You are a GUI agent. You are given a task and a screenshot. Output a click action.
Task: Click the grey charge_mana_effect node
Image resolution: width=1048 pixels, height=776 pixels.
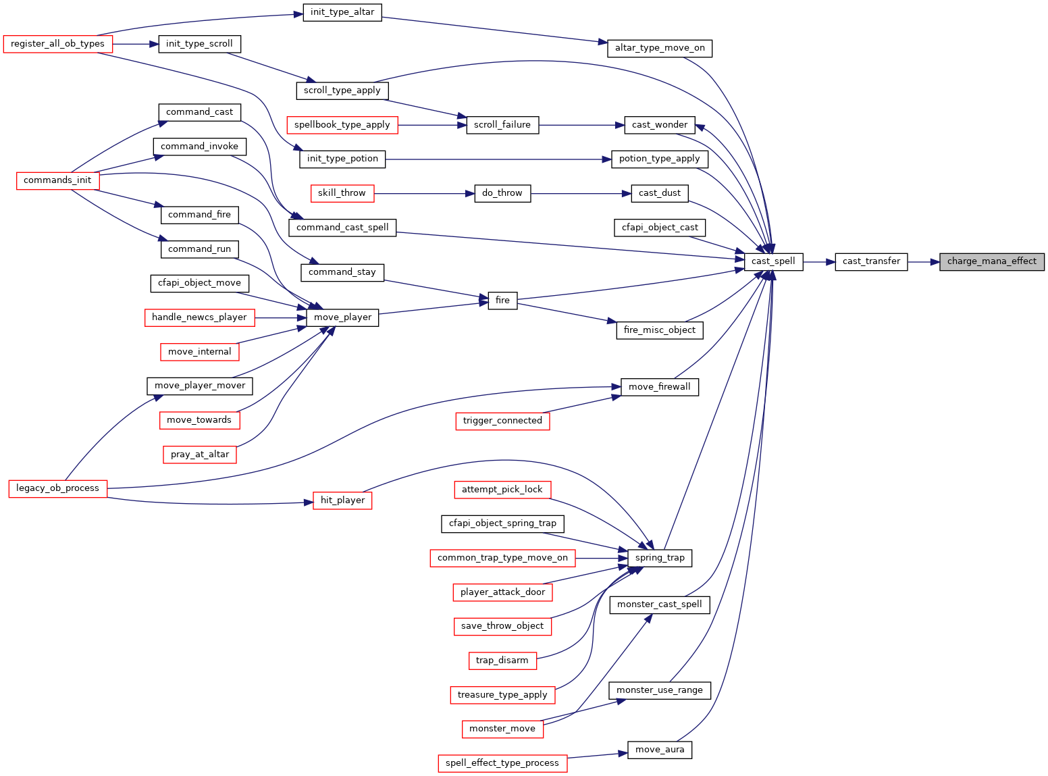[991, 262]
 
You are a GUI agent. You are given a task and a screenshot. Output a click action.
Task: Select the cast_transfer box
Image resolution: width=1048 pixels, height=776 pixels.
[871, 262]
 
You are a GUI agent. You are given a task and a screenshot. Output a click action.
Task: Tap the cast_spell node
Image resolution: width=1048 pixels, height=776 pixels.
[773, 262]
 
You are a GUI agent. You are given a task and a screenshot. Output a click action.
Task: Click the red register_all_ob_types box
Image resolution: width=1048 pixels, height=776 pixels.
[57, 44]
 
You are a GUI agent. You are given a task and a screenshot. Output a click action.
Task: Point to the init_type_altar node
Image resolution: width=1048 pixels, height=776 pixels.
[342, 12]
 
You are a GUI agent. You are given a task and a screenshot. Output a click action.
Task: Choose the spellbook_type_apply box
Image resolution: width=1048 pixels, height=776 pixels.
[342, 125]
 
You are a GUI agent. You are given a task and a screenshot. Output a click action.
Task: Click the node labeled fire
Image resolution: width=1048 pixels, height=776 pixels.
[502, 301]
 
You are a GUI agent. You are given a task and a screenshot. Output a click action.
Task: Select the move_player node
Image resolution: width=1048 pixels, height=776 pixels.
[342, 317]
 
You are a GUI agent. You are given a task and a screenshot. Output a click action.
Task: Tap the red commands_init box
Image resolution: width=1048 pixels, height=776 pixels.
[57, 180]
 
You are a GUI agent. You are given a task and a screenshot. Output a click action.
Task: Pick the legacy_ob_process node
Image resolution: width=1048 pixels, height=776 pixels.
[57, 489]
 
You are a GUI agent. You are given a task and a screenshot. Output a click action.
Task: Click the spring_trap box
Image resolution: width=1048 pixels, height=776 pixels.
[660, 558]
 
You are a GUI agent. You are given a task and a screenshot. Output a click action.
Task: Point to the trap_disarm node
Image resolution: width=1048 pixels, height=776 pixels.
[502, 661]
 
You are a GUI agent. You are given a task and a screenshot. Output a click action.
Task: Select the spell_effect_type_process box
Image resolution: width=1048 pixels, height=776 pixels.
[502, 763]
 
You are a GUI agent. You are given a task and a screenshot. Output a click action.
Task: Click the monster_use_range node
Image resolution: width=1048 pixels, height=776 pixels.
[660, 690]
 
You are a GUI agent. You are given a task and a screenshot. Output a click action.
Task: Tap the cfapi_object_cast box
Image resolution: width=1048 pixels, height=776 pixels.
[660, 228]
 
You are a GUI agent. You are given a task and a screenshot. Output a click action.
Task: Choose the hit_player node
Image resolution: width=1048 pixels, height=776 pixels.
[342, 500]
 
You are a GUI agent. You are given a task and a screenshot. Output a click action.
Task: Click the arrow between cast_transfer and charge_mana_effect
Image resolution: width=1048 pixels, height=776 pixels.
[923, 262]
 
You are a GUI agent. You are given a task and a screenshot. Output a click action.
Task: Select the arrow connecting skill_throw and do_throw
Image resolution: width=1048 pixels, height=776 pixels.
[424, 194]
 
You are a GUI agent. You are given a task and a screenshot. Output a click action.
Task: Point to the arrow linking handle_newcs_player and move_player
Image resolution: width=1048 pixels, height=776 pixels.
[281, 318]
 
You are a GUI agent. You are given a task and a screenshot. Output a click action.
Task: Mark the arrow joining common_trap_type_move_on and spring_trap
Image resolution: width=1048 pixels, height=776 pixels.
[602, 558]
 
